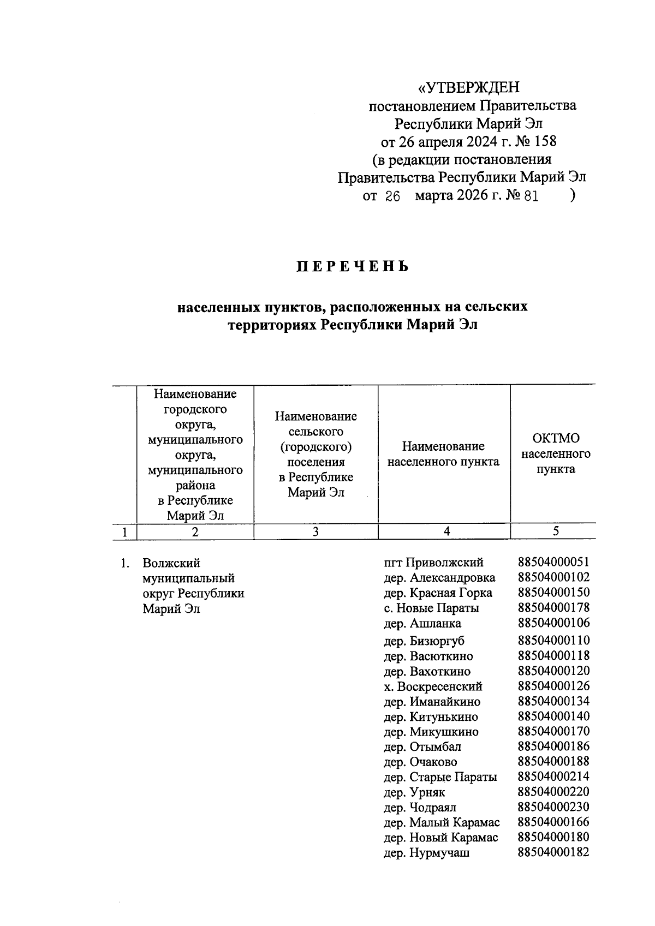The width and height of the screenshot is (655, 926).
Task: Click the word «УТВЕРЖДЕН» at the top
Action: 468,87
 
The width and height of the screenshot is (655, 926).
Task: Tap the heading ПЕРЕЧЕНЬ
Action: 353,267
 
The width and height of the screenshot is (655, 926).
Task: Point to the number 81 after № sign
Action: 531,196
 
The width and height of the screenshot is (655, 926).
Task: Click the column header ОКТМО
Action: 556,438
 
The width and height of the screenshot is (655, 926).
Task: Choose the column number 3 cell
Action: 315,532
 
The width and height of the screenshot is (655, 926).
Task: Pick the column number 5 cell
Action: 555,531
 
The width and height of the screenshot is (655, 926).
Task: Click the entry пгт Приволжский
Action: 433,563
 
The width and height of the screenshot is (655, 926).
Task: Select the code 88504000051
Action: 553,562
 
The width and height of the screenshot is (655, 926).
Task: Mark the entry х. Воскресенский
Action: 433,686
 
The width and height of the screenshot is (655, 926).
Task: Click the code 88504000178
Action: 553,607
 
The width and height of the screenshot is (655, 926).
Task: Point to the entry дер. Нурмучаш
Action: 426,853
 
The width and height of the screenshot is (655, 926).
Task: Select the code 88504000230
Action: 553,807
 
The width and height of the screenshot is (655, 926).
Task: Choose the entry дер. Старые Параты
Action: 440,777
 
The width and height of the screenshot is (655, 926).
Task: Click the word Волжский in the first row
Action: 171,563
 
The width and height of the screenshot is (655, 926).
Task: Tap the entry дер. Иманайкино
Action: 432,702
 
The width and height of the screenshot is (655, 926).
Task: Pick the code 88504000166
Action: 553,822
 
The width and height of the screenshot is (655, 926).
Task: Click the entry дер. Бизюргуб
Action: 424,641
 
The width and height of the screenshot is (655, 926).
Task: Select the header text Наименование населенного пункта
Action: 443,454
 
